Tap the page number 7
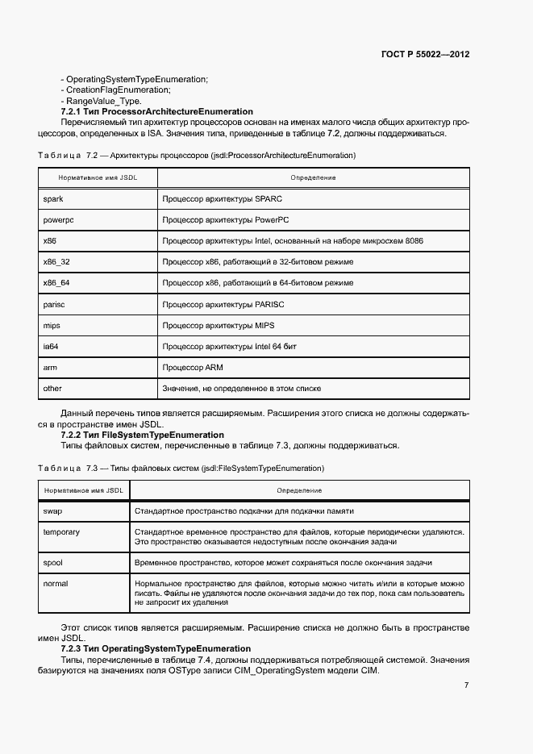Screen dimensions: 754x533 point(466,685)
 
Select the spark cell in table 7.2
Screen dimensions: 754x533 point(52,198)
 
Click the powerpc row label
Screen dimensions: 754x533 point(57,219)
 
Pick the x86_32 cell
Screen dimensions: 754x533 point(56,262)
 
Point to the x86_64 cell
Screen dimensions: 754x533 point(56,283)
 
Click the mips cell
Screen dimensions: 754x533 point(52,325)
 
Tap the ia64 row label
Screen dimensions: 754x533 point(51,346)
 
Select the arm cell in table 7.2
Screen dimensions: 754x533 point(49,367)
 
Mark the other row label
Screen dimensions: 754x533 point(52,388)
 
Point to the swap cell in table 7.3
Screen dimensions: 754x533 point(52,511)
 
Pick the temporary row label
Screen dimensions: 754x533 point(61,532)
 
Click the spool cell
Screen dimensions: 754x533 point(53,562)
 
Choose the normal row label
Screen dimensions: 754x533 point(56,583)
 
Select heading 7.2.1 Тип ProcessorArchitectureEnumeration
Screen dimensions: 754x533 point(156,111)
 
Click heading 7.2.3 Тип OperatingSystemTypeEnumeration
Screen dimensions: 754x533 point(156,649)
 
